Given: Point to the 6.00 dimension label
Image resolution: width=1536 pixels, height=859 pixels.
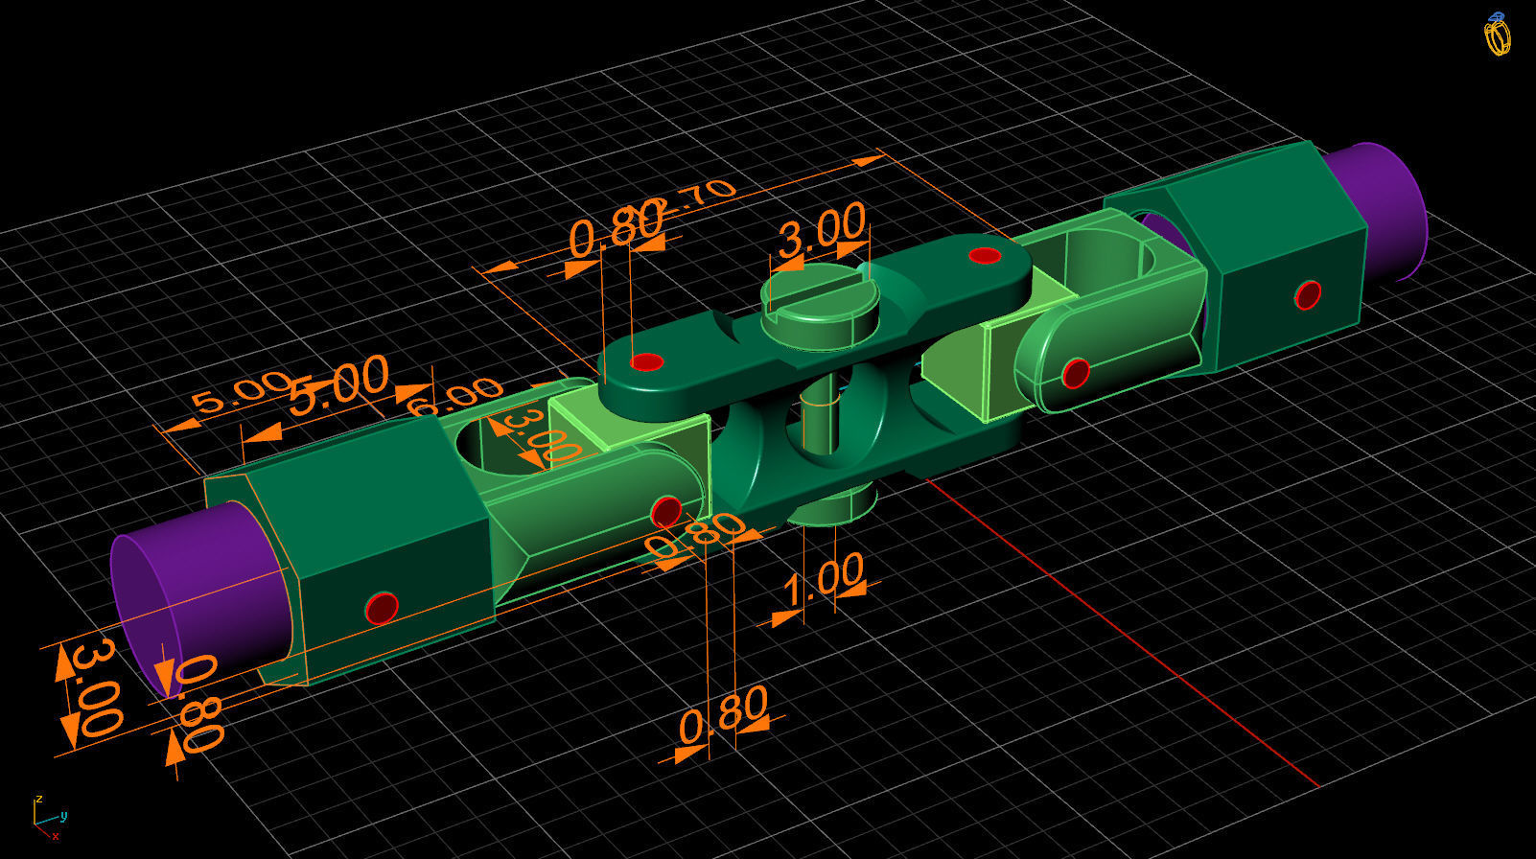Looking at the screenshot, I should (454, 395).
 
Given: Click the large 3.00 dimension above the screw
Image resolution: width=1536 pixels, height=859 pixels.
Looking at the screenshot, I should (822, 229).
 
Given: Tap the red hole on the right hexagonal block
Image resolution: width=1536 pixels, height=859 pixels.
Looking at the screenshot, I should (1308, 294).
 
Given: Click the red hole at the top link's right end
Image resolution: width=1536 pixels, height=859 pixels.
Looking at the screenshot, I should (985, 255).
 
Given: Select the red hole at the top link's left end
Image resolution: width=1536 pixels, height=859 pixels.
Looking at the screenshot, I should (647, 362).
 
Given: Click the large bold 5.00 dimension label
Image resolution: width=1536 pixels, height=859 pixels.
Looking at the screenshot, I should (339, 382).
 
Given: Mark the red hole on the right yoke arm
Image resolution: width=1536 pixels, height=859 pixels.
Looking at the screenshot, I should (1076, 372).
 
